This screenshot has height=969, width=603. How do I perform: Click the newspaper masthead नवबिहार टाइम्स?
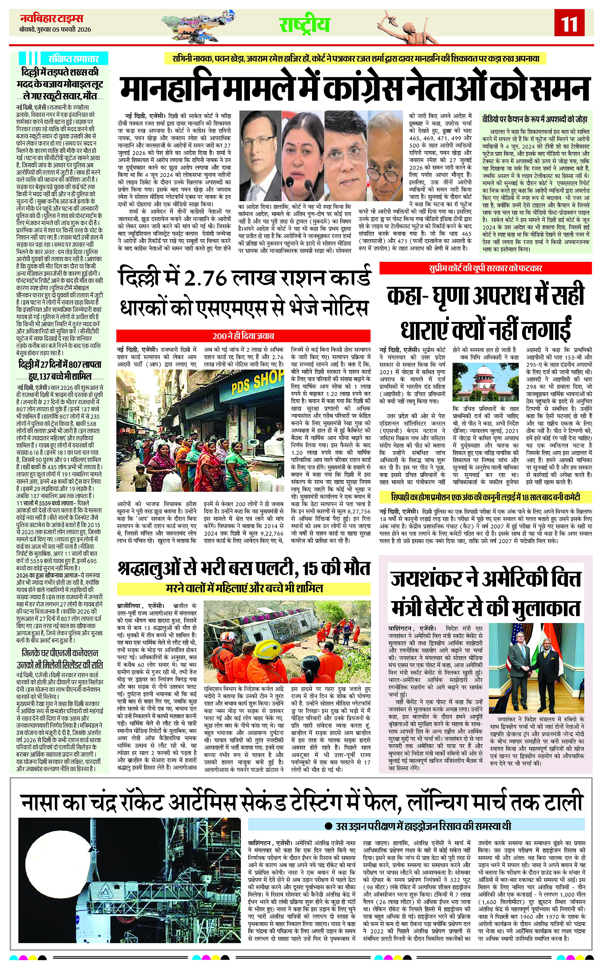[x=52, y=18]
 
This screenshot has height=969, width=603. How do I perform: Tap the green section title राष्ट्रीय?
[x=304, y=24]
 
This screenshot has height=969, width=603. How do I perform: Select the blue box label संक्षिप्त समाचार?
[x=73, y=59]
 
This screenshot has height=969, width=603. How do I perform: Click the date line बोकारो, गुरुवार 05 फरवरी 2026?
[x=55, y=30]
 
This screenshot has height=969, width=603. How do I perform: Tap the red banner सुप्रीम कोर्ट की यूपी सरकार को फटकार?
[x=485, y=268]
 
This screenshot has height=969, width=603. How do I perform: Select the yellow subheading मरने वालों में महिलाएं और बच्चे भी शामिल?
[x=244, y=588]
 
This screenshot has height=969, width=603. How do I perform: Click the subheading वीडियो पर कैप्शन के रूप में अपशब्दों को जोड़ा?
[x=534, y=119]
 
